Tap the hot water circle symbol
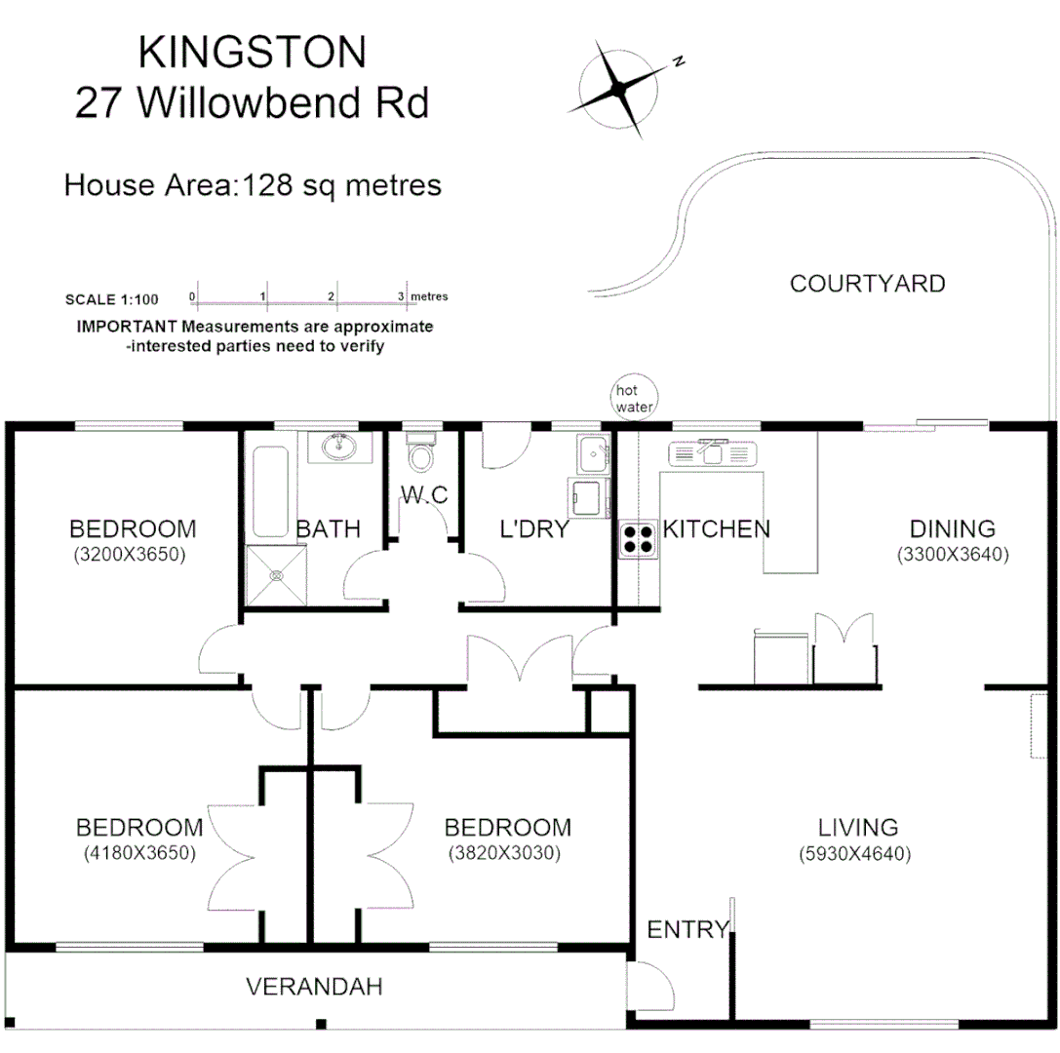(x=632, y=398)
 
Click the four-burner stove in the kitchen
(x=638, y=539)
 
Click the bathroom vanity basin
(x=340, y=448)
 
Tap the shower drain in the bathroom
(x=277, y=575)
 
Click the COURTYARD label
(x=867, y=284)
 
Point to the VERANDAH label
(x=313, y=986)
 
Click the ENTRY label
(x=688, y=929)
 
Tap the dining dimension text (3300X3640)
(x=952, y=554)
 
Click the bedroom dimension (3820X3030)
(x=506, y=852)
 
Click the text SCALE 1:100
(x=110, y=299)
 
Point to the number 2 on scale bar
(x=333, y=296)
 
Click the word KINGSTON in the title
(x=252, y=53)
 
